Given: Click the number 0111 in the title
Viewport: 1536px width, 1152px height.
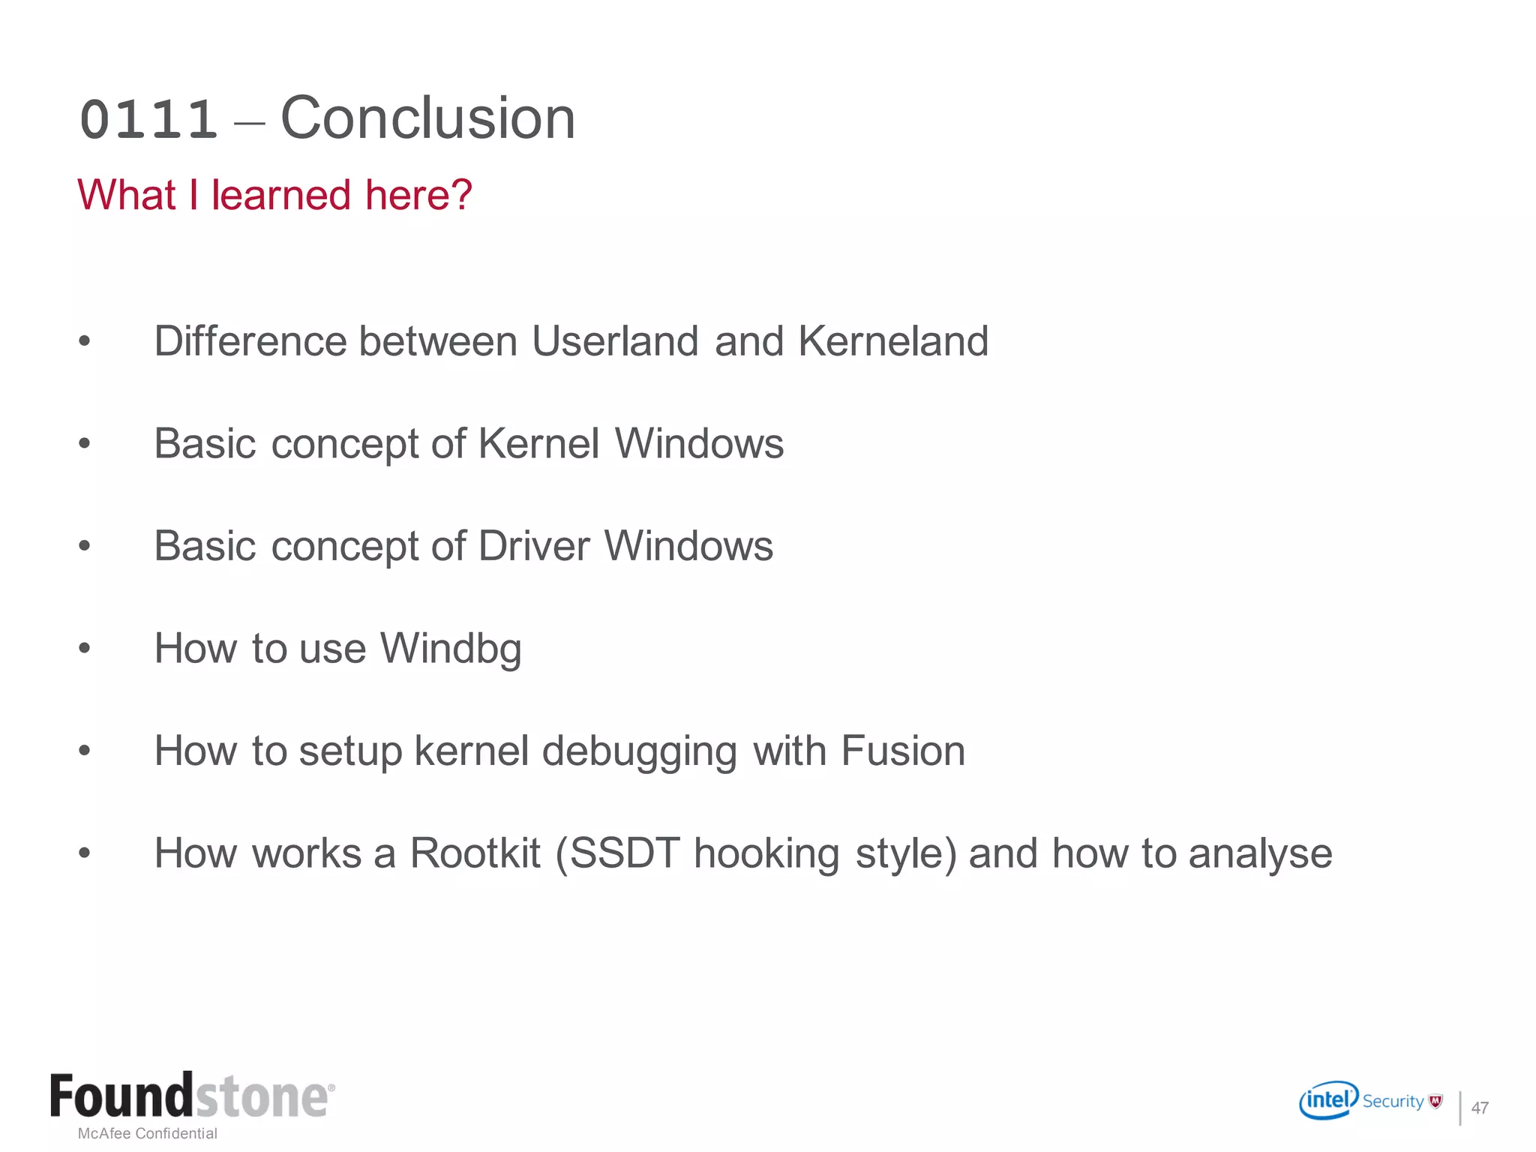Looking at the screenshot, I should pos(148,120).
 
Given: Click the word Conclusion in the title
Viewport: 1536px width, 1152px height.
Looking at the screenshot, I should pos(427,118).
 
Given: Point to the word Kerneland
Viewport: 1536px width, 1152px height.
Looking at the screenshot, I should pos(892,341).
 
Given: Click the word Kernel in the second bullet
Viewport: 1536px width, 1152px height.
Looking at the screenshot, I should pos(538,443).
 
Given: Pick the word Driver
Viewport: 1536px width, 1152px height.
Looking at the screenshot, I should pos(533,546).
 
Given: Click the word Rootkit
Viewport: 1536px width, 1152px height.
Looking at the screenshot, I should pos(475,853).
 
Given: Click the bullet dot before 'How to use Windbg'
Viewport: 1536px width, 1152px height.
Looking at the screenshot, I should pos(85,648).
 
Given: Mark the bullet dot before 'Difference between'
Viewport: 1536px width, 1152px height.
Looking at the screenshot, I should pos(85,341).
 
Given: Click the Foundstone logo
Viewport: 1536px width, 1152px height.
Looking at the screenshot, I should pos(191,1096).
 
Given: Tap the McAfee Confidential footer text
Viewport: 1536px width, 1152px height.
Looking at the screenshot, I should pos(147,1133).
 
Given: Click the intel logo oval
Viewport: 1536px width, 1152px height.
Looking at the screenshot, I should pos(1328,1100).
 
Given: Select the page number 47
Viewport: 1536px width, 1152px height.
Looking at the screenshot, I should pos(1479,1108).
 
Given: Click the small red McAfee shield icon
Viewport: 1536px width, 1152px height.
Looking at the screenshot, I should pos(1435,1101).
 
